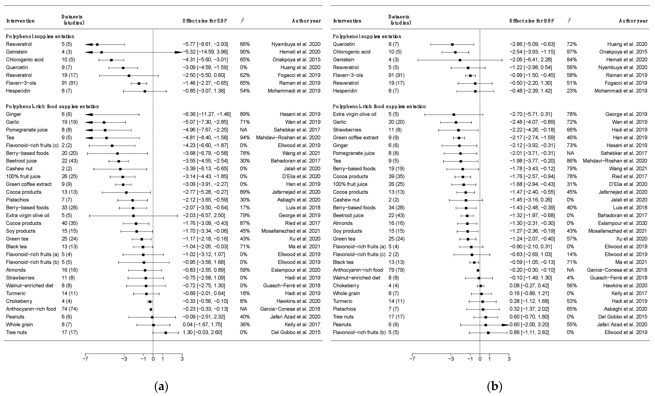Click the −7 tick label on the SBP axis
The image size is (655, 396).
[x=85, y=359]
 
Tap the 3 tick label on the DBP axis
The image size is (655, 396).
[x=509, y=359]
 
